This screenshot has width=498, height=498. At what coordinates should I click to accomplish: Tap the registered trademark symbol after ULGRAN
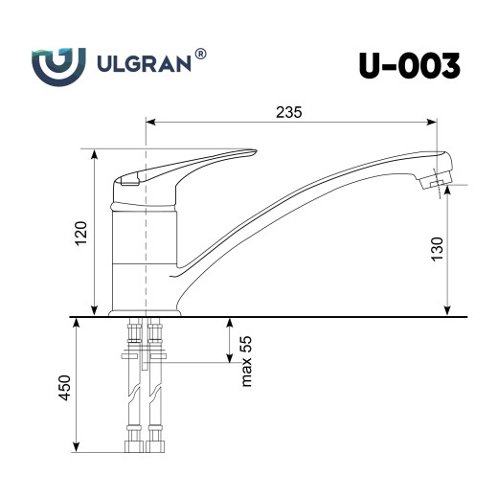pyautogui.click(x=199, y=56)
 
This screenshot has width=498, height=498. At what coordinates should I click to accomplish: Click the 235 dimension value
pyautogui.click(x=288, y=112)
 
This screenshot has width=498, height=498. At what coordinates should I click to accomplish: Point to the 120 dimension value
pyautogui.click(x=81, y=233)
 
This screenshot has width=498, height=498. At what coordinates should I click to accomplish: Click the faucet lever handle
pyautogui.click(x=192, y=164)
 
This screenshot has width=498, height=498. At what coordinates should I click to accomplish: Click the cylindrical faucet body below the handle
pyautogui.click(x=145, y=239)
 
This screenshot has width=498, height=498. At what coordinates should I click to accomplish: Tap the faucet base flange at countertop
pyautogui.click(x=145, y=311)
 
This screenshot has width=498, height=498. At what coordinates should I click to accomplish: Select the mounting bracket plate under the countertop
pyautogui.click(x=145, y=357)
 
